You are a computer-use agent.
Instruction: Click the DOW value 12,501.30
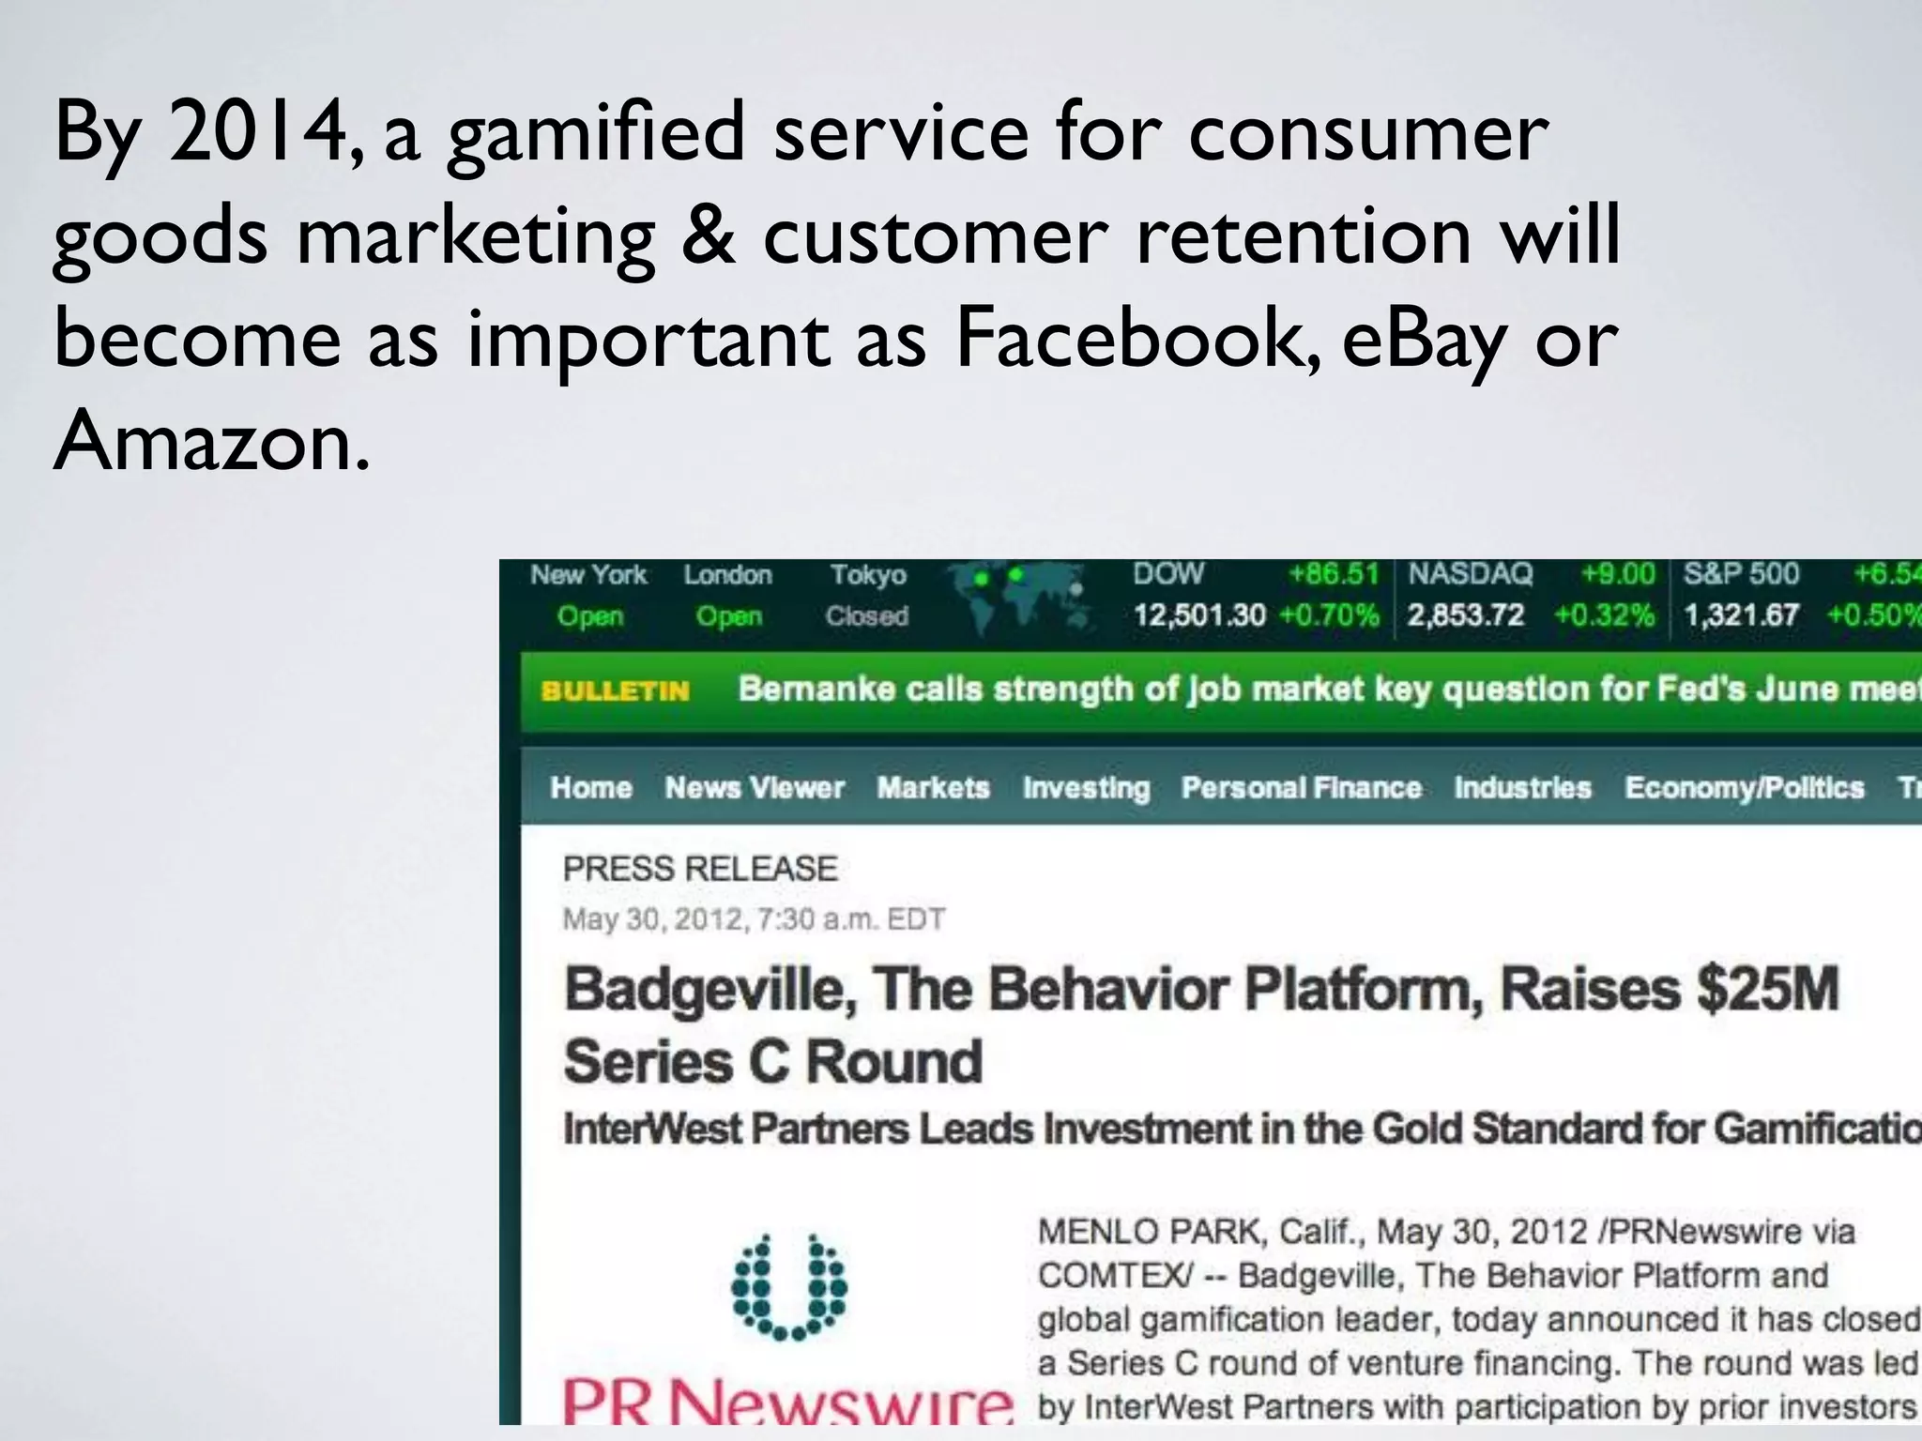[1198, 615]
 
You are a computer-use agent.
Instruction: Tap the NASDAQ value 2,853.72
[1465, 615]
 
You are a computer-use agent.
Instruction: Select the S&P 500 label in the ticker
[1741, 573]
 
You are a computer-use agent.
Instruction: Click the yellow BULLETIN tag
[615, 690]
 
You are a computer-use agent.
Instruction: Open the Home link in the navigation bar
[590, 787]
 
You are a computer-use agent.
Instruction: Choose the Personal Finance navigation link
[1301, 787]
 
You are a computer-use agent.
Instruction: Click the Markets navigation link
[933, 787]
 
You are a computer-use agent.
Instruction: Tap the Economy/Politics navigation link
[1744, 787]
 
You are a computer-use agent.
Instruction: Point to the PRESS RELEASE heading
[699, 869]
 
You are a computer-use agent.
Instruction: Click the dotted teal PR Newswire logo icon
[789, 1286]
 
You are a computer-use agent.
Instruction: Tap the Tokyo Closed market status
[867, 595]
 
